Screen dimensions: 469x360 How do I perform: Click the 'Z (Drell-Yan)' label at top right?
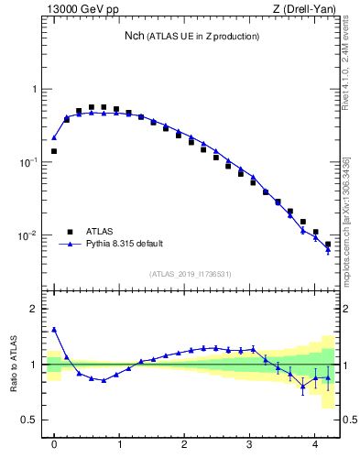(x=305, y=10)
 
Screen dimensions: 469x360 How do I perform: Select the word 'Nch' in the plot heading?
(x=135, y=36)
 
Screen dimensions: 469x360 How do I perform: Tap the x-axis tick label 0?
(x=54, y=445)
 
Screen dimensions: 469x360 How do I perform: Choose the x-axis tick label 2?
(x=185, y=445)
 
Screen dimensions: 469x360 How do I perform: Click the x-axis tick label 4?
(x=315, y=445)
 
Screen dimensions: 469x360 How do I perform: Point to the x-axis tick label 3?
(x=250, y=445)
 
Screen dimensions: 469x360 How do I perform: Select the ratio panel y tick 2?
(x=36, y=309)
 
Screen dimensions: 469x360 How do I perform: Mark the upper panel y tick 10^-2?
(x=27, y=236)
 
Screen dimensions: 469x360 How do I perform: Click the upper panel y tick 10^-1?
(x=27, y=163)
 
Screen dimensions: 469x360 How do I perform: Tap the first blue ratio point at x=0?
(x=54, y=330)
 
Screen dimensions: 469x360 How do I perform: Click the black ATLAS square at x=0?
(x=54, y=151)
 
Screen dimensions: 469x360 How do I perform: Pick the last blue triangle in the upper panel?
(x=328, y=250)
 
